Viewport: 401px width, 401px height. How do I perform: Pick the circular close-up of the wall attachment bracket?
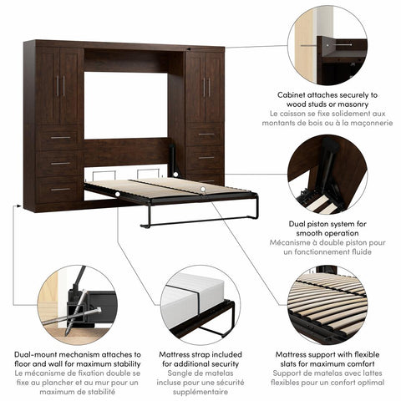click(326, 45)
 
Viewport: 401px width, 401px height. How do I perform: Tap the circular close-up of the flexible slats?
click(326, 304)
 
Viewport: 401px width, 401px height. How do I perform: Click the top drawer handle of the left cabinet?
click(60, 137)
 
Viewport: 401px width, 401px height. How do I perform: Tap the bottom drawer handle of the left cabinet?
click(60, 189)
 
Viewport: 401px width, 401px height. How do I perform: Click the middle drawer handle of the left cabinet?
click(60, 163)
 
